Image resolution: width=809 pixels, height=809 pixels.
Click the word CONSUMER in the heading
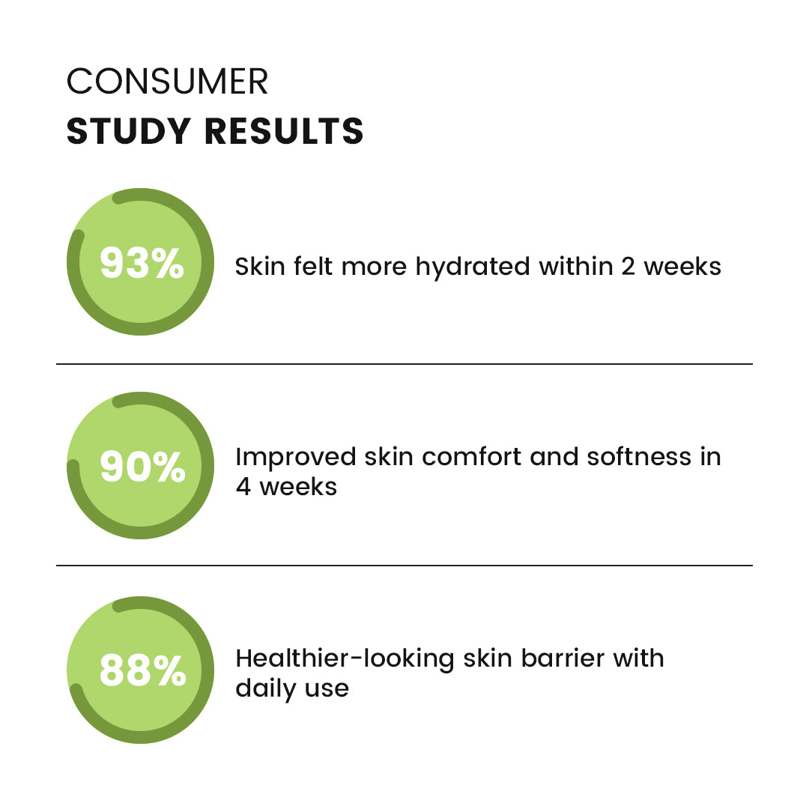click(x=167, y=82)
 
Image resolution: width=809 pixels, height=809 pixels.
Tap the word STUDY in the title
click(x=129, y=131)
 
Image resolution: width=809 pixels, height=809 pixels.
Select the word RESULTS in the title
click(x=285, y=131)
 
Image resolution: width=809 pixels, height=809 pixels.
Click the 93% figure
click(x=142, y=263)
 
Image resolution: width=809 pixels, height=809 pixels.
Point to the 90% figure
click(x=142, y=467)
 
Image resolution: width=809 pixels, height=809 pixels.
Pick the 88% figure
click(x=142, y=670)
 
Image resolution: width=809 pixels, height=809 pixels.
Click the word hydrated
click(x=473, y=267)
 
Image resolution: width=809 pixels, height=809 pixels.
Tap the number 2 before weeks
click(x=628, y=267)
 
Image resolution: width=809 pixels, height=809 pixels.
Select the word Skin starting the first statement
click(x=260, y=267)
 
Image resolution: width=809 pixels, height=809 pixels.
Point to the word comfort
click(x=471, y=457)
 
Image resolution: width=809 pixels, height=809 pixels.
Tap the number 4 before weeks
click(x=243, y=487)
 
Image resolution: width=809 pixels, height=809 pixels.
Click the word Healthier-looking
click(x=345, y=660)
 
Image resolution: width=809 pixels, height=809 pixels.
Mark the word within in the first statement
click(x=575, y=267)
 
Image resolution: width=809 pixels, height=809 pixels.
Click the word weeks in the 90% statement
click(x=298, y=487)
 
